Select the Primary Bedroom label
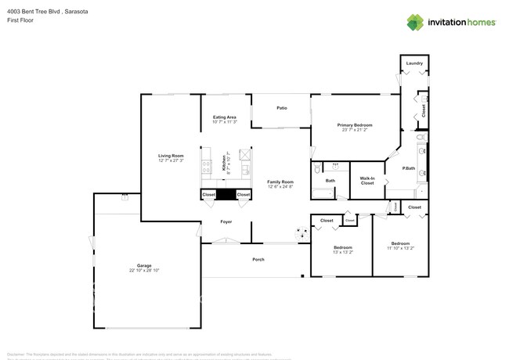354,124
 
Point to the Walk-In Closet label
366,181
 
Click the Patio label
281,108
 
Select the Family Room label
280,182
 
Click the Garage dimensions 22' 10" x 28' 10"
144,270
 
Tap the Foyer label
226,221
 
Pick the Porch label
258,259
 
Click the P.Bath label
408,168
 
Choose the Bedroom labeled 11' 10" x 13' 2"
400,246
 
